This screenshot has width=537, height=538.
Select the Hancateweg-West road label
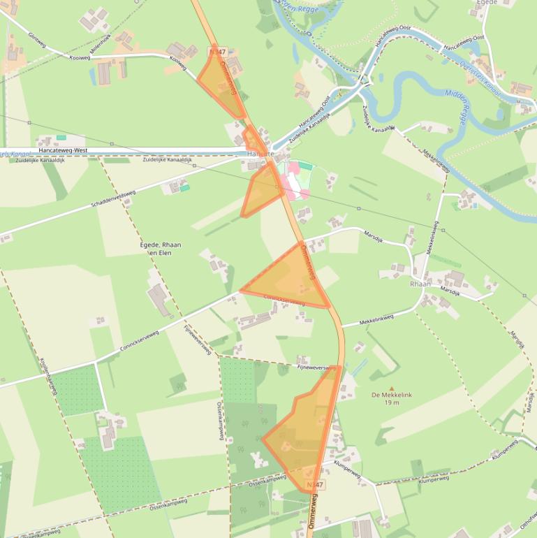[63, 150]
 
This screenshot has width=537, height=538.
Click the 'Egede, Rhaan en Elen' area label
[161, 249]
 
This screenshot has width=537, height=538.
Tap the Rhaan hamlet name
[421, 284]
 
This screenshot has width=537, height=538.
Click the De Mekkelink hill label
[392, 395]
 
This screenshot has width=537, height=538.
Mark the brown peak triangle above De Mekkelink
[391, 388]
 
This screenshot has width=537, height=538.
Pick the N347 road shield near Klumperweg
[316, 484]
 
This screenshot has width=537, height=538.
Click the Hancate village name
[260, 154]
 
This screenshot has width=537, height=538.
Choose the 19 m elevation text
[391, 402]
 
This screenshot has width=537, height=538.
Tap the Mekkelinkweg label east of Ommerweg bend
[377, 319]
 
